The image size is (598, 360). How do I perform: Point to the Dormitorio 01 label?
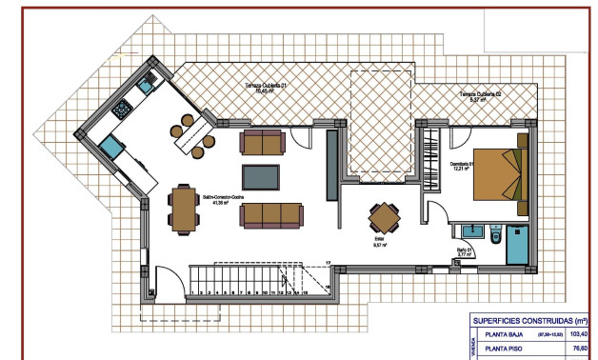coord(463,166)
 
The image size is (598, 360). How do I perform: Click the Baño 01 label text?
coord(465,252)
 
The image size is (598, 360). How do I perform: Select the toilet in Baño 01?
coord(495,234)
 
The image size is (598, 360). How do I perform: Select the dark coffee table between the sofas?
coord(261,177)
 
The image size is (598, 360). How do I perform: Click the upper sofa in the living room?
coord(262,143)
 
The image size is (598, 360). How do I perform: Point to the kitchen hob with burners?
coord(123,110)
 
